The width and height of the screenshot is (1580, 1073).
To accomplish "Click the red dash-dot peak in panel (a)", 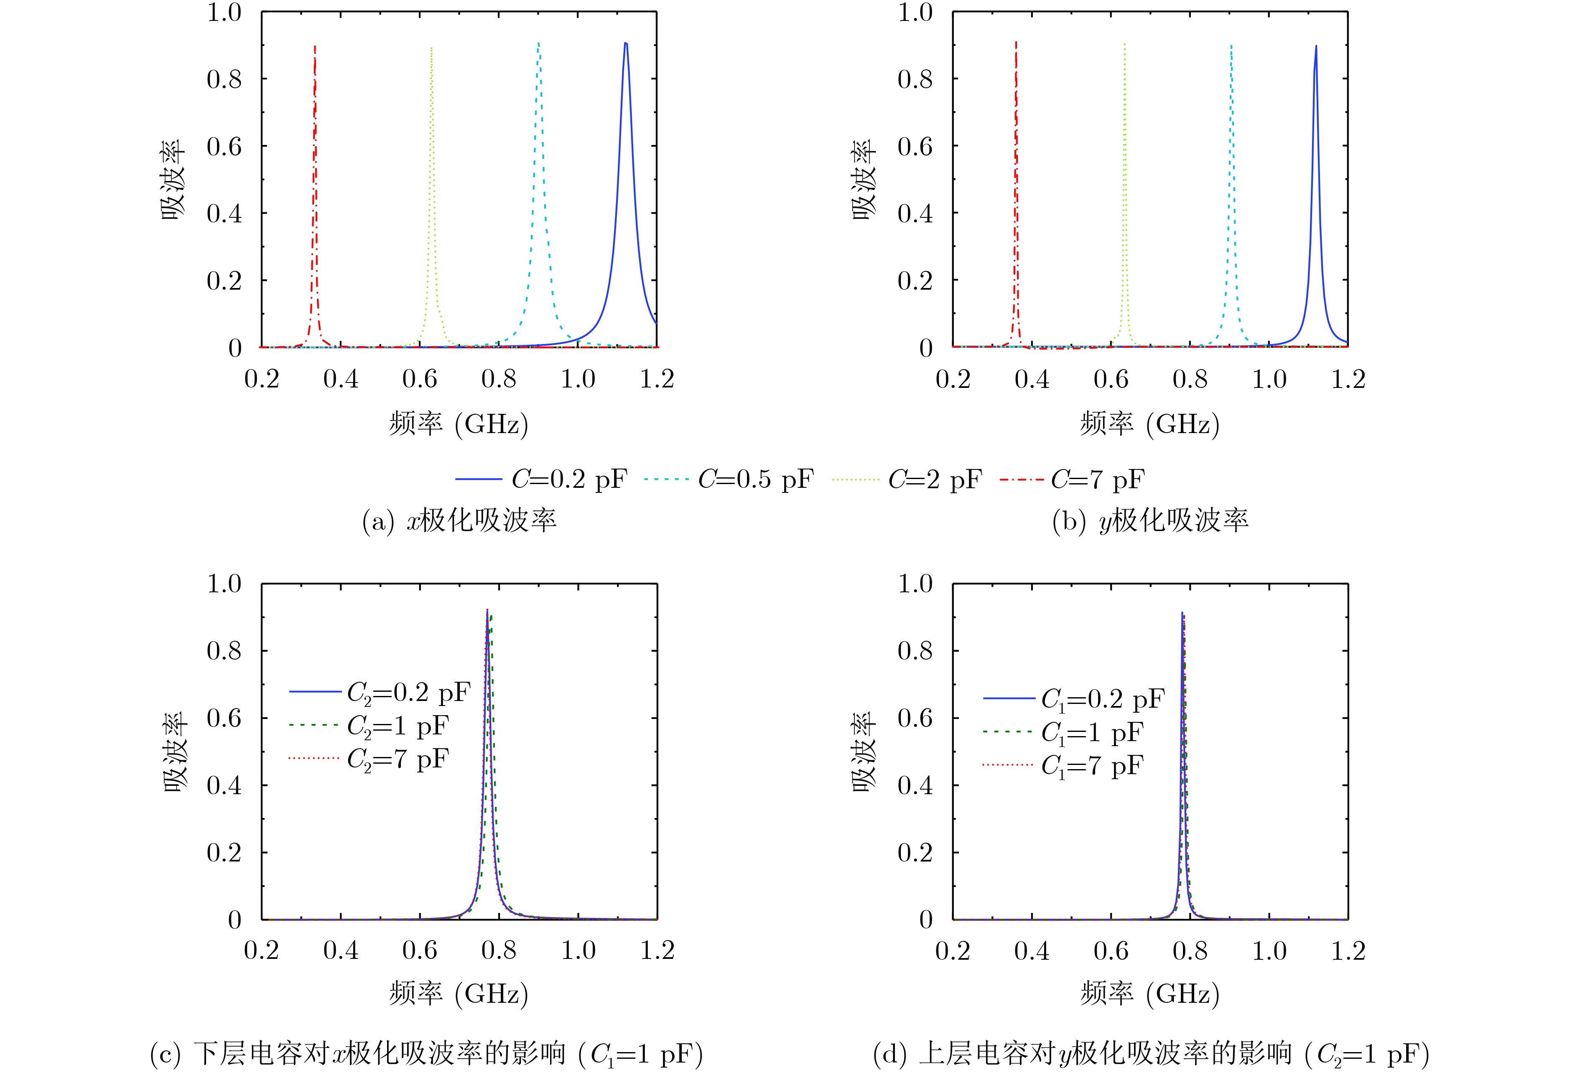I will tap(315, 48).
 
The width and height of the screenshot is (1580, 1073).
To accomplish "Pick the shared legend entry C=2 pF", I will tap(907, 479).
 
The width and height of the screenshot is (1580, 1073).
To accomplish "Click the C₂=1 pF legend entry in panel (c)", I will tap(370, 726).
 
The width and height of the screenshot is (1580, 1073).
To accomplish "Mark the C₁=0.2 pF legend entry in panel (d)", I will tap(1074, 698).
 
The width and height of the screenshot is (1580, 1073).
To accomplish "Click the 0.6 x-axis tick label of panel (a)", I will tap(420, 379).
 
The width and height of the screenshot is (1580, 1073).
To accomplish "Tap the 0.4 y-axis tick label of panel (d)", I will tap(915, 785).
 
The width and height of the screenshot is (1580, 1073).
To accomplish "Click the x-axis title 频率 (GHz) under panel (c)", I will tap(459, 994).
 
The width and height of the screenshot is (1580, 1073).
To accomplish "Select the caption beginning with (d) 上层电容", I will tap(1150, 1053).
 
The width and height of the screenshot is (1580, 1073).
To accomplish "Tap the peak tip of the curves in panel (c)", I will tap(487, 611).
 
